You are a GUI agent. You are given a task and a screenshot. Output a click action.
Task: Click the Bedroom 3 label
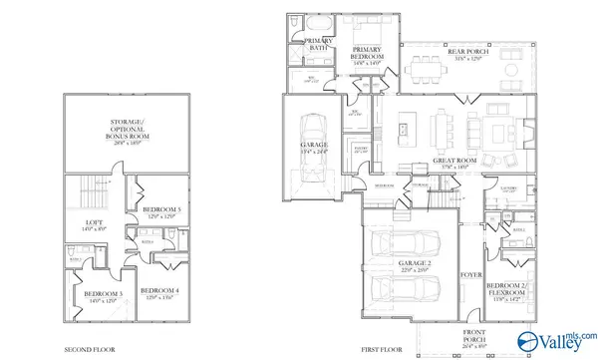tap(103, 296)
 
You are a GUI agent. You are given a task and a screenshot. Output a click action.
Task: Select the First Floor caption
tap(382, 350)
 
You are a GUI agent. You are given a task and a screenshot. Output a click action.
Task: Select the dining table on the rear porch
tap(432, 69)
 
